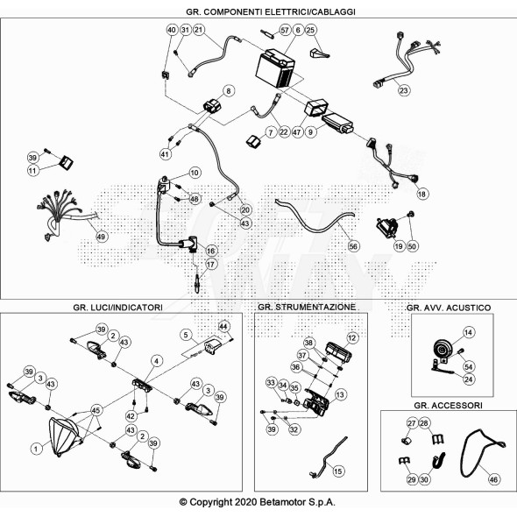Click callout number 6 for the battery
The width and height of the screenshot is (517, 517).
click(298, 30)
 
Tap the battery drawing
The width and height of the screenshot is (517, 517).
click(276, 68)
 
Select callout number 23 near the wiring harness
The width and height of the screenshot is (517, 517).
click(404, 90)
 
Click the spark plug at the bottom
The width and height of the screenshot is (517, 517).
click(197, 283)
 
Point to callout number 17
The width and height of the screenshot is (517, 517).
click(210, 264)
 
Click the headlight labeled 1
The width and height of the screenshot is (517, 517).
click(64, 436)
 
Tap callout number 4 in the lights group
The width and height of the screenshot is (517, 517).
click(157, 361)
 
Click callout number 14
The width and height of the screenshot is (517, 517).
click(468, 332)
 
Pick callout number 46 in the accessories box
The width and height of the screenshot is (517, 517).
click(493, 479)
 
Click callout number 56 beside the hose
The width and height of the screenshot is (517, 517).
click(353, 246)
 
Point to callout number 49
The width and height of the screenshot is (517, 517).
click(101, 237)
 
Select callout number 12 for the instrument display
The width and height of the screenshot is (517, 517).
click(352, 338)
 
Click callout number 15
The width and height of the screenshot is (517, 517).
click(338, 471)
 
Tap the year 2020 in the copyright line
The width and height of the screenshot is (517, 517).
click(245, 502)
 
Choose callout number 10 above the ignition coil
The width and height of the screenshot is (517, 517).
click(195, 173)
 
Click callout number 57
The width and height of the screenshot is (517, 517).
click(285, 30)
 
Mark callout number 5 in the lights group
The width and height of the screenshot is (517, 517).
click(186, 335)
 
